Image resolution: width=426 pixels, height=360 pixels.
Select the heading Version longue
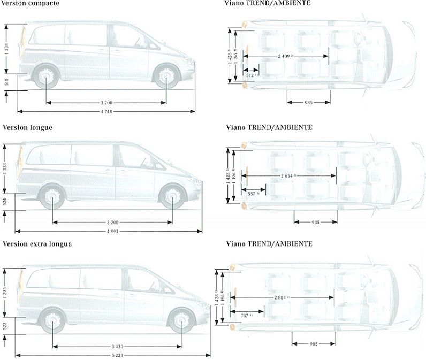[x=27, y=127]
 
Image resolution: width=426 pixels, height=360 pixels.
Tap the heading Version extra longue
[x=37, y=244]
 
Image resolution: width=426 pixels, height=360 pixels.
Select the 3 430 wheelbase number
[x=117, y=346]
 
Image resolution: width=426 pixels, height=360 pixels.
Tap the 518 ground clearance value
[x=5, y=82]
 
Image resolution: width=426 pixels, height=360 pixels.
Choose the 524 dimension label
[x=5, y=202]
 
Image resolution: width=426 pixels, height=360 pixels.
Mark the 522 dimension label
[x=5, y=326]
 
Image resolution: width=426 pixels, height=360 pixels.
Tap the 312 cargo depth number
[x=250, y=75]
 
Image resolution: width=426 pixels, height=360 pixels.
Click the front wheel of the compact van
[x=166, y=76]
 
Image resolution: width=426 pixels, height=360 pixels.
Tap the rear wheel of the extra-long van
[x=52, y=321]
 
